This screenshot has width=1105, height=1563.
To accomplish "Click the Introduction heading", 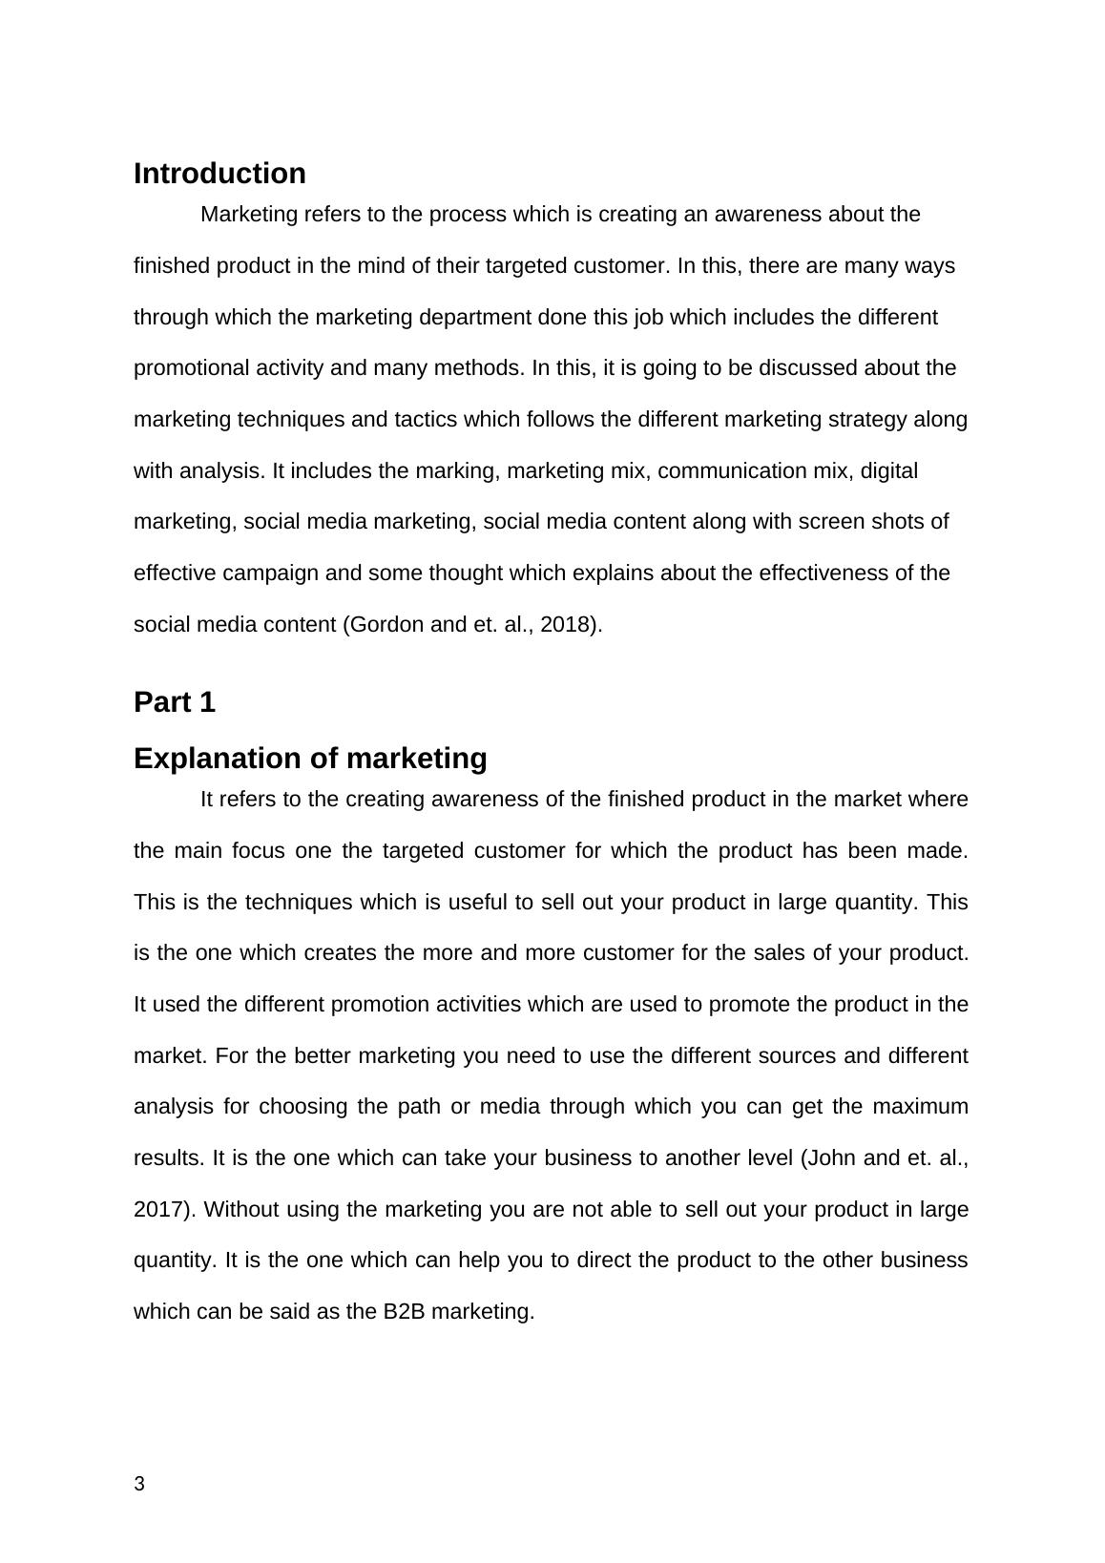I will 219,174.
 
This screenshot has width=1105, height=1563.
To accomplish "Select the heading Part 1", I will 175,702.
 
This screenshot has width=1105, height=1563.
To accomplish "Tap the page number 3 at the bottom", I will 139,1484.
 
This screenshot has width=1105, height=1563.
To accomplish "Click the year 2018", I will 567,625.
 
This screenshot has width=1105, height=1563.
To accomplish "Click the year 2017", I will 162,1210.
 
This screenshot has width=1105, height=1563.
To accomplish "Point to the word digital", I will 888,471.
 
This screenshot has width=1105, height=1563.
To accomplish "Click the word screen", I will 829,522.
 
